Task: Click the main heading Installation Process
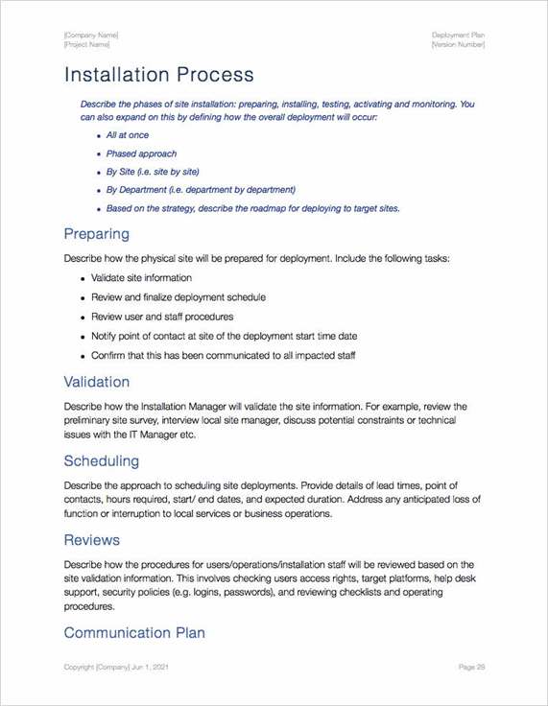point(158,75)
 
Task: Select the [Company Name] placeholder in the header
point(91,35)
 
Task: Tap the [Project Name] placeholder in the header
point(86,45)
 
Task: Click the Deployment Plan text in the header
point(458,35)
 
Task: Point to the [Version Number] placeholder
point(458,45)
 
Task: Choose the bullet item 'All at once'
point(127,135)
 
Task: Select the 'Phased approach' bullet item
point(141,153)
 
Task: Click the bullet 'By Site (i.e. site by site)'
point(153,172)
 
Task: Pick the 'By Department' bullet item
point(201,190)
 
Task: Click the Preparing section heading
point(96,234)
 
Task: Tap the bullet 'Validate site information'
point(141,277)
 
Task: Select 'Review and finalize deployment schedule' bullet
point(179,297)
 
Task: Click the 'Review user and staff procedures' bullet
point(162,317)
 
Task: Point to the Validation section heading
point(96,382)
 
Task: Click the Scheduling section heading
point(101,461)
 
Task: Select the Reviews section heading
point(91,540)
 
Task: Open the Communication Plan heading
point(133,633)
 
